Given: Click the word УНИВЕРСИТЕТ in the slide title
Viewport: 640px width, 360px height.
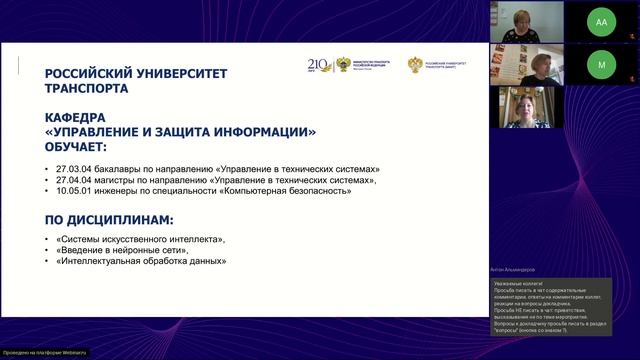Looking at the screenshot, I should click(187, 73).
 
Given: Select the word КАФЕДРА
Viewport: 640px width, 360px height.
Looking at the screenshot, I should click(76, 117).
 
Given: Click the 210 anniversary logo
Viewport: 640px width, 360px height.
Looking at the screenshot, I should click(319, 64).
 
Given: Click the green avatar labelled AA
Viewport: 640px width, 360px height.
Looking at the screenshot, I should click(601, 21).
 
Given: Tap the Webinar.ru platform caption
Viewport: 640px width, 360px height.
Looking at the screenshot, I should click(45, 353).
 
